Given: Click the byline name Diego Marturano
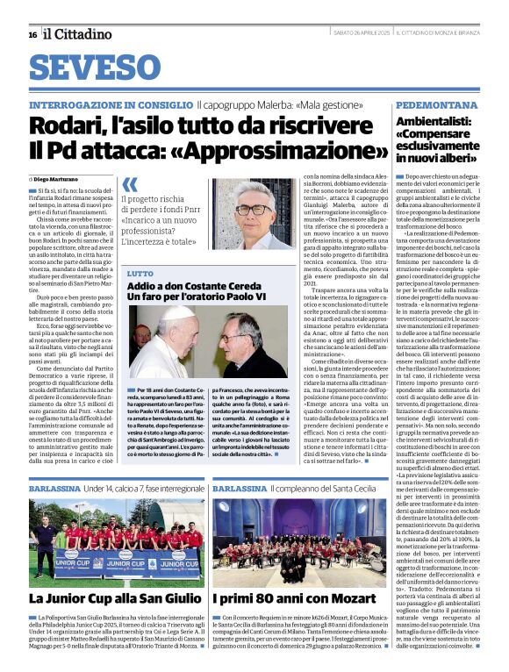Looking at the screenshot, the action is [x=69, y=179].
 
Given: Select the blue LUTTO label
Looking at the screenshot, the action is [x=140, y=275].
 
